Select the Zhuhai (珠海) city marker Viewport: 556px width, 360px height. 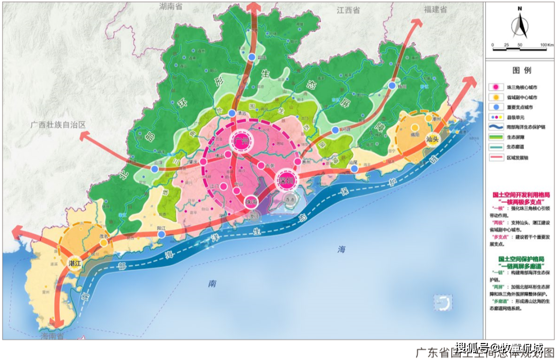coord(251,201)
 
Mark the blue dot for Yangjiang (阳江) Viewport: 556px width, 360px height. coord(162,234)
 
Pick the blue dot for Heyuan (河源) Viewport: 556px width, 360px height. coord(335,130)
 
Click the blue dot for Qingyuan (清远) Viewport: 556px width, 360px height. coord(232,113)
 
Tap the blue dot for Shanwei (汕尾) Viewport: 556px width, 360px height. coord(354,167)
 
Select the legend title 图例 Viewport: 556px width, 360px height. coord(521,70)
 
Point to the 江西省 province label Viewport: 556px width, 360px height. coord(348,10)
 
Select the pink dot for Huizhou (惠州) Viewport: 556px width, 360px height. coord(298,162)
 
